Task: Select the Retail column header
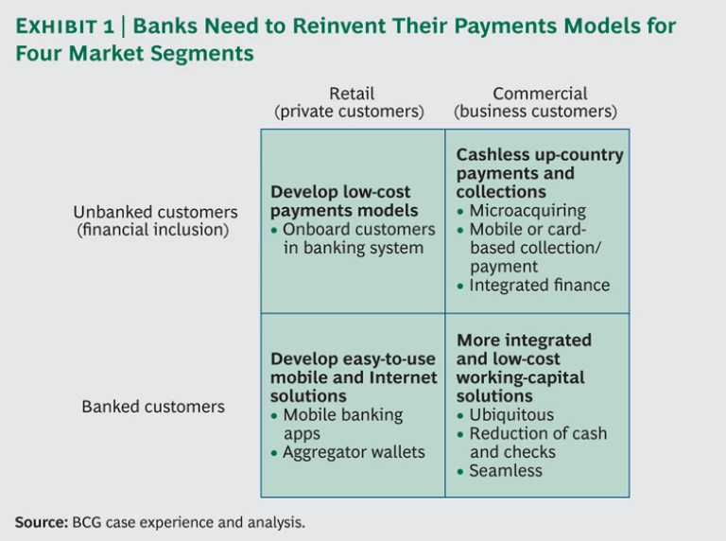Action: tap(352, 94)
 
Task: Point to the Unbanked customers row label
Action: tap(155, 212)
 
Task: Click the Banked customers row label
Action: tap(153, 407)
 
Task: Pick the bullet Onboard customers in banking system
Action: tap(357, 238)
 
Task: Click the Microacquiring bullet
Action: tap(527, 210)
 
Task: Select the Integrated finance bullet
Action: tap(539, 285)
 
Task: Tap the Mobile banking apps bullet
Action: tap(341, 424)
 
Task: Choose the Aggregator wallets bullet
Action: tap(353, 452)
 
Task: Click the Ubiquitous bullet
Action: tap(511, 414)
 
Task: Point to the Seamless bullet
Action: tap(506, 470)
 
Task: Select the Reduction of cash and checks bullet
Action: tap(537, 443)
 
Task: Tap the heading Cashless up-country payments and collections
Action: tap(539, 173)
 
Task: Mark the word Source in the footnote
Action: tap(40, 521)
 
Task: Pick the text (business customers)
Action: tap(535, 112)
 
